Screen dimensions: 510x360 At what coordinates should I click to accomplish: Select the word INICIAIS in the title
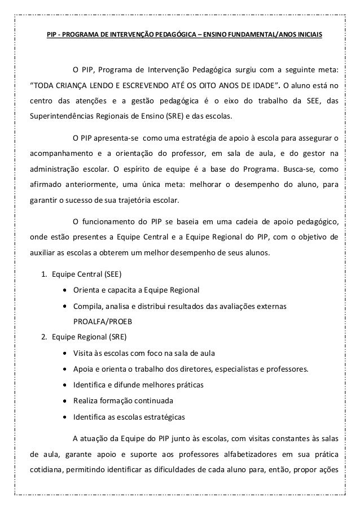click(x=308, y=35)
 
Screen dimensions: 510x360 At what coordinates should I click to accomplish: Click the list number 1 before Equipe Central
click(x=43, y=275)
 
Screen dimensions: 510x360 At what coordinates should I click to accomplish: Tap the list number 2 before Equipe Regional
click(x=43, y=337)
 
